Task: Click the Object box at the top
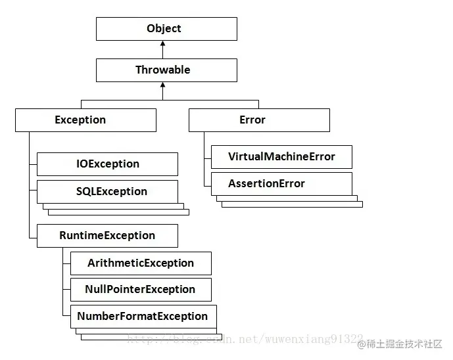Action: (166, 29)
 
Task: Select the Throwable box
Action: (166, 70)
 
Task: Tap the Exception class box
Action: (85, 120)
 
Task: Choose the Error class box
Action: (259, 120)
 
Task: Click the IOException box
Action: (107, 164)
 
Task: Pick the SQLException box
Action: (107, 191)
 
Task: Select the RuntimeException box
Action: (107, 236)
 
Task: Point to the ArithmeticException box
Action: (141, 263)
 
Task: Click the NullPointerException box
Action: (141, 290)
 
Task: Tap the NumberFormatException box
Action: (143, 317)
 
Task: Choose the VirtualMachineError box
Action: (281, 157)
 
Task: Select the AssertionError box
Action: (281, 184)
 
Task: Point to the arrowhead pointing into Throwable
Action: (162, 86)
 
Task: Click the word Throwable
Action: (163, 70)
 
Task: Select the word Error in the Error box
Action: (252, 120)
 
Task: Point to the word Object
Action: (164, 29)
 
